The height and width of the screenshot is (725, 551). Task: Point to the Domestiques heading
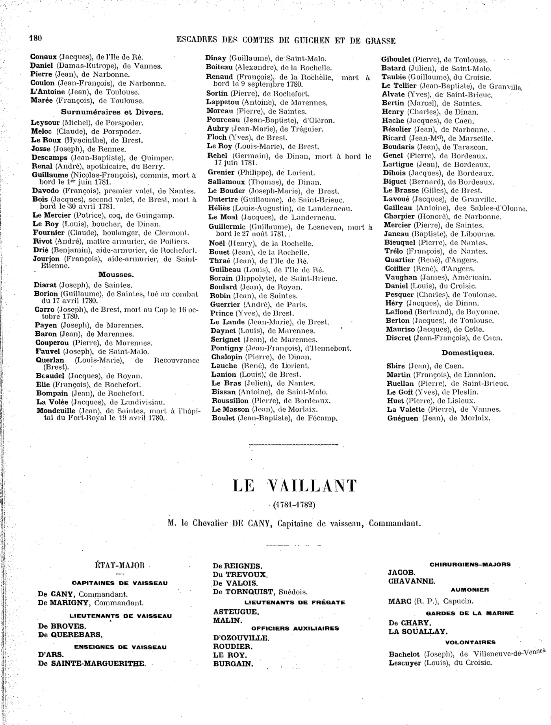coord(468,353)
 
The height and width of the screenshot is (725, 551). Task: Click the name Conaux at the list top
coord(44,57)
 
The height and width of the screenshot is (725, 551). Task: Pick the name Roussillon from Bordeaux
coord(230,401)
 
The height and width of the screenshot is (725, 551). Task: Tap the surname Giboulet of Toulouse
coord(396,60)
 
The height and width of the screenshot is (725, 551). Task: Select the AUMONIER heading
coord(470,590)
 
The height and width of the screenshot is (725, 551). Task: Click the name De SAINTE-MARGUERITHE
coord(92,663)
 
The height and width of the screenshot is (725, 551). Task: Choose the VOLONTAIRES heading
coord(470,642)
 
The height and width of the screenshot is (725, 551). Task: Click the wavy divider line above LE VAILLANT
coord(293,444)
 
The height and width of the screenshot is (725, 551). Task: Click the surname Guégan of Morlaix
coord(403,418)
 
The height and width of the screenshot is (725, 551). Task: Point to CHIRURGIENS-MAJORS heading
coord(469,564)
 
